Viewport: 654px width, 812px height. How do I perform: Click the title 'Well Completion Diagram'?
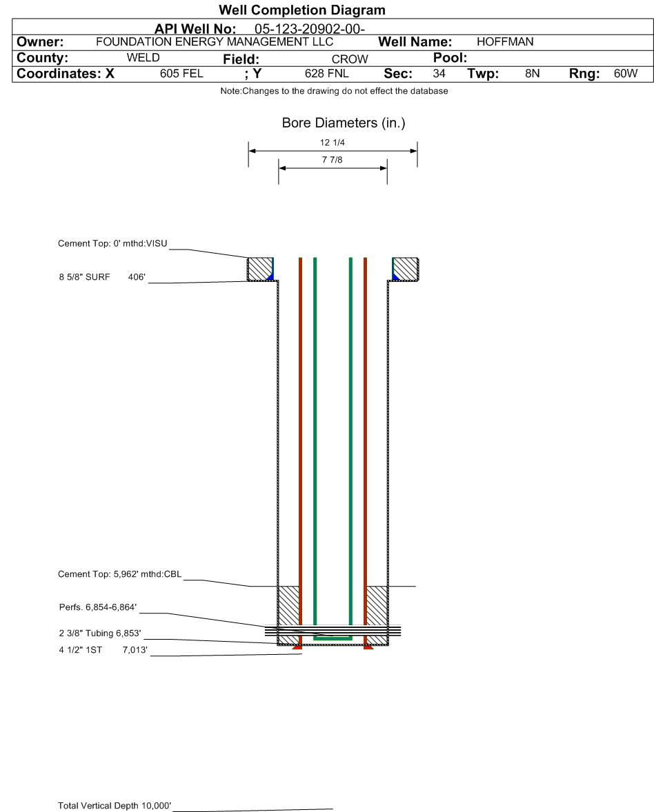301,10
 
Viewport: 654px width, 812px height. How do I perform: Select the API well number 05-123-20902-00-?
309,29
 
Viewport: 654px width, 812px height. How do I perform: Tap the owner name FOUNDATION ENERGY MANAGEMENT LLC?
215,42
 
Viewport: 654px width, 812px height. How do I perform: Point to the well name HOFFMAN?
505,42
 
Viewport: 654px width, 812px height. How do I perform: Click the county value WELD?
143,57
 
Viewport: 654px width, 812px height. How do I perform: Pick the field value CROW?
350,59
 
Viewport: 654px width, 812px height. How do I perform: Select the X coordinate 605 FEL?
181,74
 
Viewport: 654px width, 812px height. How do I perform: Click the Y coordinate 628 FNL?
326,74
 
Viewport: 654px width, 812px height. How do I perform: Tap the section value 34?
439,74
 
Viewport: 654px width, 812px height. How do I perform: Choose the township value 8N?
532,74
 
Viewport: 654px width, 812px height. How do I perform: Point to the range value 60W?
626,74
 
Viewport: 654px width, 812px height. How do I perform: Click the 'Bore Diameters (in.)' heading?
344,123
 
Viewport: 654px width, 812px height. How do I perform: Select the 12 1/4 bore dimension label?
333,143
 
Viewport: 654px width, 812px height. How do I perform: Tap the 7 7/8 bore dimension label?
333,160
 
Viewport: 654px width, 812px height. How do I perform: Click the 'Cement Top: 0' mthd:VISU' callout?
112,243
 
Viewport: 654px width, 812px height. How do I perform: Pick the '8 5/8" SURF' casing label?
84,277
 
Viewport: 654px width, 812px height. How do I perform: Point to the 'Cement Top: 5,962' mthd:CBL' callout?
120,574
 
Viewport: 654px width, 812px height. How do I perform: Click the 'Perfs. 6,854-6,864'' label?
98,607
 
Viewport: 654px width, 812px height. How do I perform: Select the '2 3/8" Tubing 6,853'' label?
100,633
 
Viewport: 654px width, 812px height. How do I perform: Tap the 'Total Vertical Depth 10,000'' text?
115,805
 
